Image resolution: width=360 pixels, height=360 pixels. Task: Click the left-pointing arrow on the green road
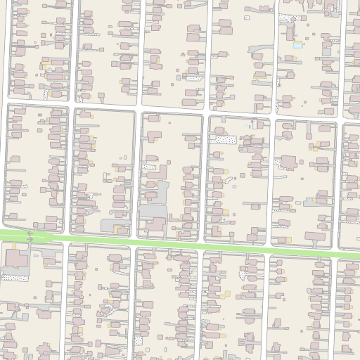point(30,233)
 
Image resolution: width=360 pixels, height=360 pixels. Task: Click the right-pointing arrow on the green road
point(30,240)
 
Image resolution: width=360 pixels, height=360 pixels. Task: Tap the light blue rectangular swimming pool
point(297,45)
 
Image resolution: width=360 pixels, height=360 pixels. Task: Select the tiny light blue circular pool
point(246,126)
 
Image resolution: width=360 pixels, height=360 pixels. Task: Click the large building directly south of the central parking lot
point(156,224)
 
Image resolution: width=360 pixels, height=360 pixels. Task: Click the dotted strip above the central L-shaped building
point(149,167)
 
